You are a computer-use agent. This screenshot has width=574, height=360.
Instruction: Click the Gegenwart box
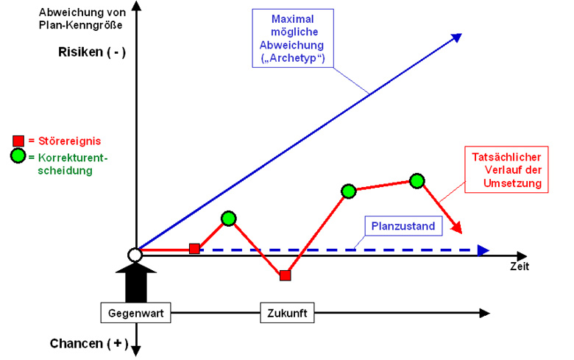[x=136, y=313]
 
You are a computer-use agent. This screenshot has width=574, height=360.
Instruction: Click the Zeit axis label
[x=520, y=266]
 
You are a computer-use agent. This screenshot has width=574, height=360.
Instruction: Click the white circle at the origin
[x=135, y=255]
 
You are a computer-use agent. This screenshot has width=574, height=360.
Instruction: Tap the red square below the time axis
[x=286, y=275]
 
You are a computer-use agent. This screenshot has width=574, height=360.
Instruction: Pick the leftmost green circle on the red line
[x=228, y=218]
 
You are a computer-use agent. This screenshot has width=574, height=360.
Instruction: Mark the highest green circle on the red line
[x=417, y=180]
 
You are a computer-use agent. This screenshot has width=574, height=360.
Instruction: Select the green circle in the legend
[x=18, y=155]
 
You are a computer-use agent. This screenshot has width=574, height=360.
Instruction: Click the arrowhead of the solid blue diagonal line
[x=456, y=38]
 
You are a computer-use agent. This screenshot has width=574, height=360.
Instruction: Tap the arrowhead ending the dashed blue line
[x=482, y=250]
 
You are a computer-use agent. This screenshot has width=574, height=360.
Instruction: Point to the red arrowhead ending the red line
[x=458, y=228]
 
